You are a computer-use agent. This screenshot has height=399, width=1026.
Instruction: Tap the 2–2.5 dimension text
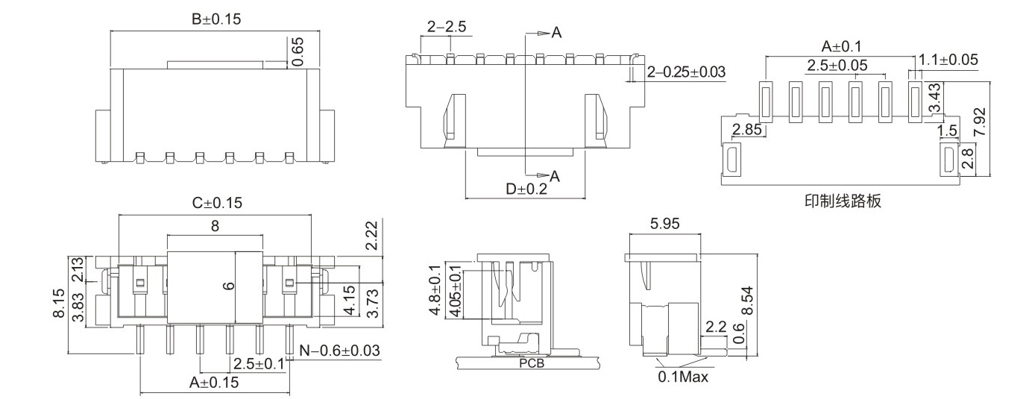447,28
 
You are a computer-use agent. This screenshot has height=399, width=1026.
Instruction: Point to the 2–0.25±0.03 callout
686,72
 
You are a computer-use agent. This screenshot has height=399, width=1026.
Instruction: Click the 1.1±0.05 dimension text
948,60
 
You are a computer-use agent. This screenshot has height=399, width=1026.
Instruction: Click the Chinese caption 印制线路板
842,201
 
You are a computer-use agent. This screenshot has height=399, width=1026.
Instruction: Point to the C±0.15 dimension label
217,203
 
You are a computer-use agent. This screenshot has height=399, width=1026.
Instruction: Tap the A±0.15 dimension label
214,383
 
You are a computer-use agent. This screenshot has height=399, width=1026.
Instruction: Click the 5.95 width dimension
664,223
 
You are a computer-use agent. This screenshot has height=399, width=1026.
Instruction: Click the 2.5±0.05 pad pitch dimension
837,66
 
